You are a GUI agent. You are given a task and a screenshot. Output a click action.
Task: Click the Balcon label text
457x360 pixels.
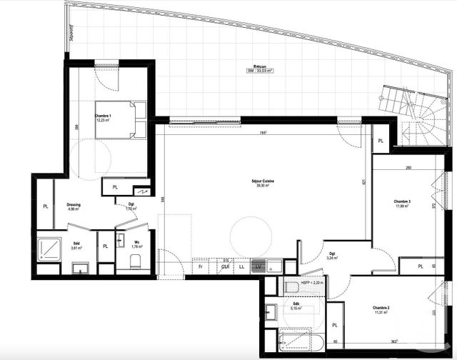pos(260,66)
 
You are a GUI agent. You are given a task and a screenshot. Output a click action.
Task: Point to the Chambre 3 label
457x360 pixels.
pos(403,202)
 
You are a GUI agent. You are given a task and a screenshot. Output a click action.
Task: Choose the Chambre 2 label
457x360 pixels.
pos(381,309)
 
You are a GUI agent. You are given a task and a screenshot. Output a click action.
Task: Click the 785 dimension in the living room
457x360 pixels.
pos(263,132)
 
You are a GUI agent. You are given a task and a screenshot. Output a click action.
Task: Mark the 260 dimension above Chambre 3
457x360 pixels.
pos(406,169)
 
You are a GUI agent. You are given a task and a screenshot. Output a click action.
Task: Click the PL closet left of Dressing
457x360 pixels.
pos(44,207)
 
